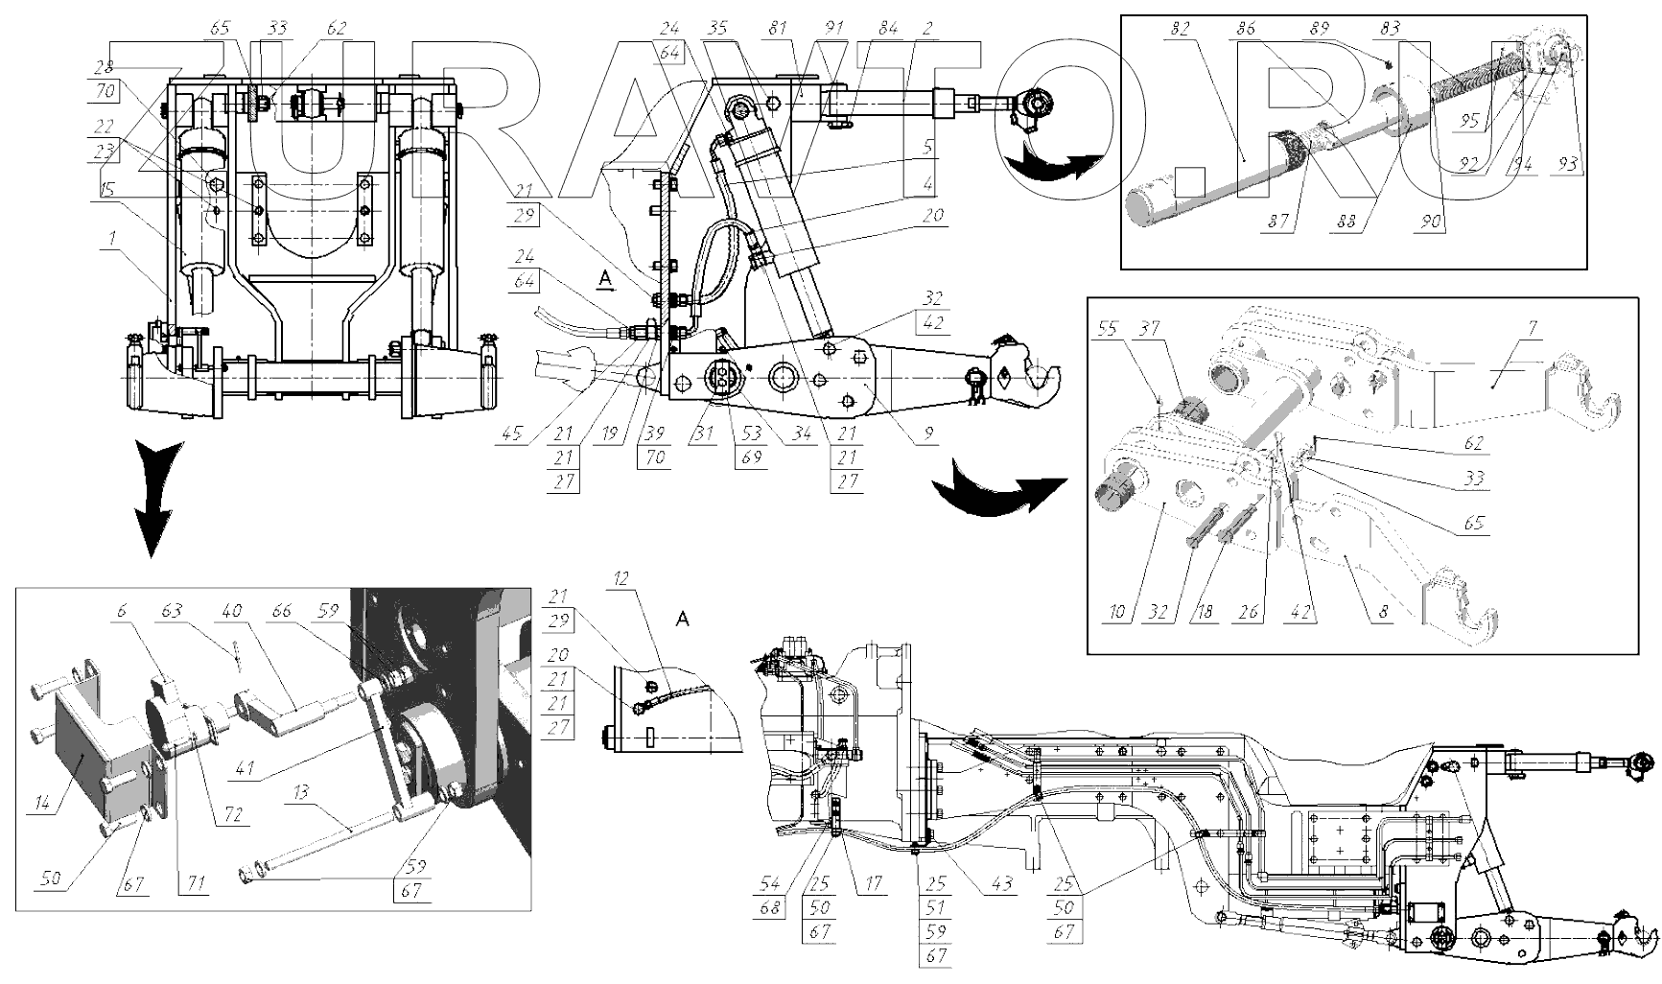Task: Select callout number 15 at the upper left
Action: pyautogui.click(x=109, y=191)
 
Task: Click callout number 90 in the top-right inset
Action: pyautogui.click(x=1432, y=222)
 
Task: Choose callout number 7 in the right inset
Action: pyautogui.click(x=1533, y=329)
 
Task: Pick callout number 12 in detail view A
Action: pyautogui.click(x=620, y=578)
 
